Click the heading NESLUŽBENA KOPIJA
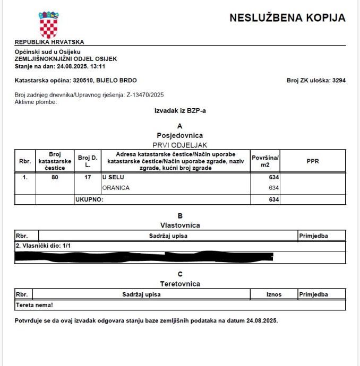(287, 18)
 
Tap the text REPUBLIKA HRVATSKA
(49, 42)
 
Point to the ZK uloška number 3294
(338, 81)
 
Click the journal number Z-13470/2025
(145, 94)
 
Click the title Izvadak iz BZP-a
(179, 111)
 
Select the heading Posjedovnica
(179, 135)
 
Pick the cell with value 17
(87, 177)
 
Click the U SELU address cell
(113, 177)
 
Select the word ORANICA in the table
(116, 188)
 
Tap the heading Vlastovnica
(179, 225)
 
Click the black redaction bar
(143, 257)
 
